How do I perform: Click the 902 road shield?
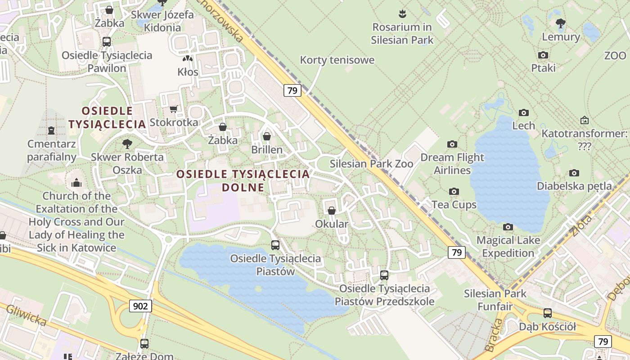[x=140, y=306]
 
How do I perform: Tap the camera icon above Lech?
[x=523, y=112]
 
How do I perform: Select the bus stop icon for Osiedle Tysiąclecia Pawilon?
[x=107, y=42]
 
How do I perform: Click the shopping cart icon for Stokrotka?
[x=173, y=109]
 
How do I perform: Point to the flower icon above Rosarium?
[x=402, y=13]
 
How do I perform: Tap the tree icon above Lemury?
[x=560, y=23]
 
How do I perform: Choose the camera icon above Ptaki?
[x=543, y=55]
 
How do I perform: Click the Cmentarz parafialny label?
[x=51, y=150]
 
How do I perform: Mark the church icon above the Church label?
[x=76, y=183]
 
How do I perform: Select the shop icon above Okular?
[x=332, y=211]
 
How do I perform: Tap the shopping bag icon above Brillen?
[x=267, y=136]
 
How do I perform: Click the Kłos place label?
[x=188, y=72]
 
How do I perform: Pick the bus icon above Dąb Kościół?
[x=547, y=313]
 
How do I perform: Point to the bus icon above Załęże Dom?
[x=144, y=343]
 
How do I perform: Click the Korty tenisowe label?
[x=337, y=60]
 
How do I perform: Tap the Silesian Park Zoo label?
[x=371, y=164]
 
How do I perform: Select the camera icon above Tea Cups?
[x=454, y=191]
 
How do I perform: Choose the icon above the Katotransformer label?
[x=584, y=120]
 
